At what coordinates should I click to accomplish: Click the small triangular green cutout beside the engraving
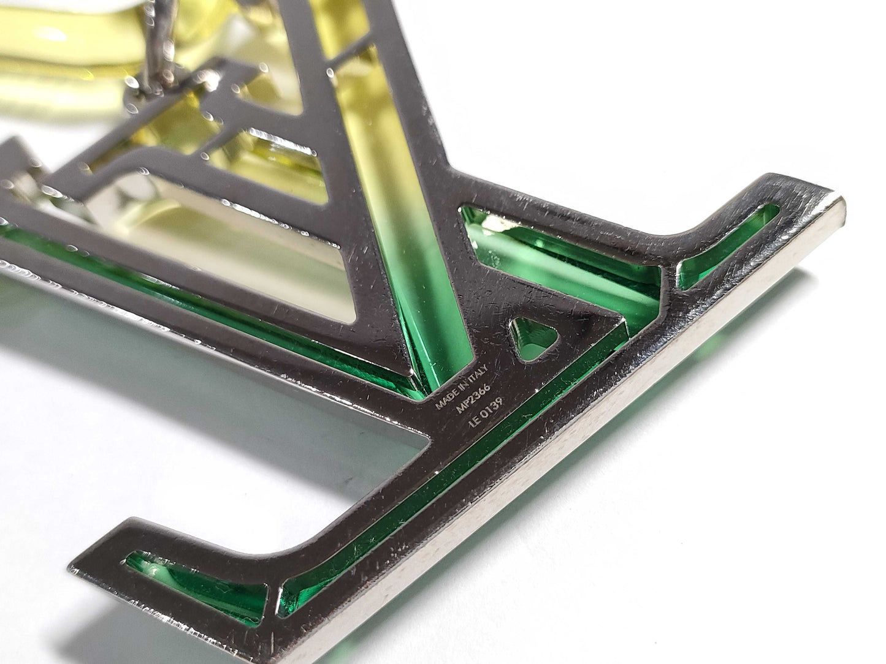[x=533, y=339]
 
